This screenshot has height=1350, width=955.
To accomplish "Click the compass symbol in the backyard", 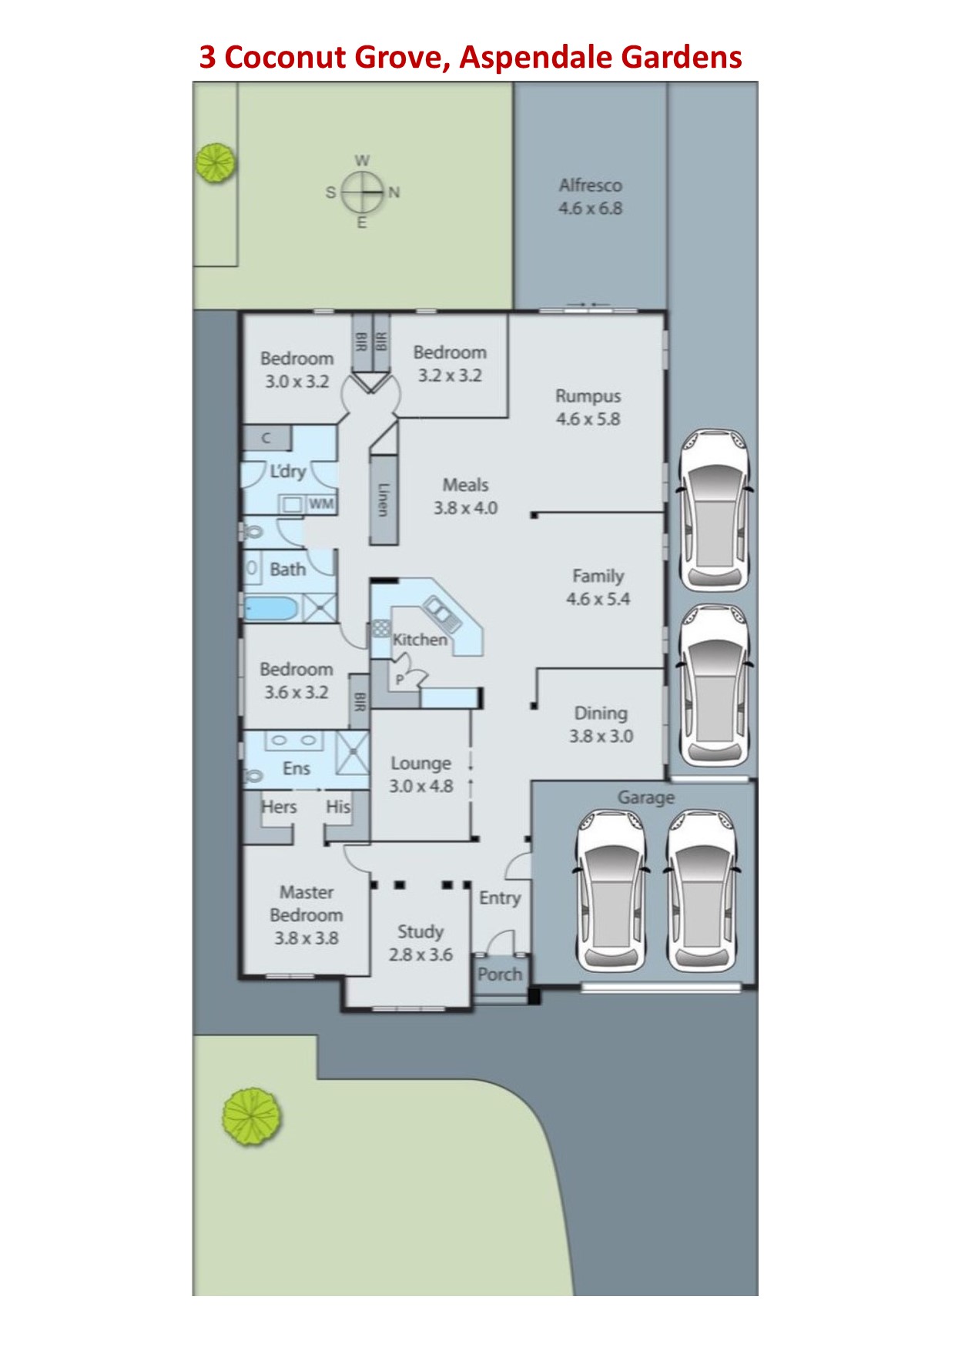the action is click(x=362, y=192).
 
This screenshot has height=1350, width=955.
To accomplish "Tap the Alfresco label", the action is click(x=591, y=185).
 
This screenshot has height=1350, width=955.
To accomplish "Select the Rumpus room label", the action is click(x=588, y=396).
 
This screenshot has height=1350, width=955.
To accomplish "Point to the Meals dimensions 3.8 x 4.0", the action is click(x=465, y=508).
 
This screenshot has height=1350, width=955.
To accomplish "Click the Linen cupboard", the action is click(x=384, y=499).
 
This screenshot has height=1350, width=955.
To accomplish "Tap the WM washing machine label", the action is click(x=321, y=504).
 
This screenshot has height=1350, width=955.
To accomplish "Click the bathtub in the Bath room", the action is click(x=271, y=608).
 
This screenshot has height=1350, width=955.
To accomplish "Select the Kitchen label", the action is click(x=420, y=640).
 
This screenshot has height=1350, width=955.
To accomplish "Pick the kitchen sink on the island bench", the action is click(x=442, y=614).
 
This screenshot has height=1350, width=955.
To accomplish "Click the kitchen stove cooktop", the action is click(x=381, y=627).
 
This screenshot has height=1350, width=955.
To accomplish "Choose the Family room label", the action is click(x=598, y=576).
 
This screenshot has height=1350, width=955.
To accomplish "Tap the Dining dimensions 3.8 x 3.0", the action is click(x=601, y=736).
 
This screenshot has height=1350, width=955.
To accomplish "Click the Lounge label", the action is click(x=421, y=764).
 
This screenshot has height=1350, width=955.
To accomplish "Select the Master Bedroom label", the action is click(x=307, y=904).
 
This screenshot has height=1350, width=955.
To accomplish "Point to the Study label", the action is click(x=421, y=932).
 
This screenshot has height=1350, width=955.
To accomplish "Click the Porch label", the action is click(x=500, y=974).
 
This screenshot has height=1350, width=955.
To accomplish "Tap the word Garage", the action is click(x=646, y=798).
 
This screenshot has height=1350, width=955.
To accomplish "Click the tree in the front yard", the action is click(x=252, y=1117).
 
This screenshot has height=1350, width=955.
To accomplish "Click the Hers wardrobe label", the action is click(x=279, y=807).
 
